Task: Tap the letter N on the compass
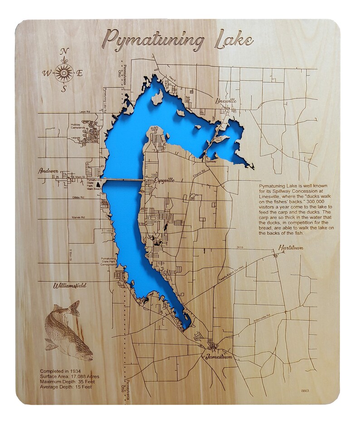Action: pos(64,51)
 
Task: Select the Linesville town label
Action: pos(227,101)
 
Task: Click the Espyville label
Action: pos(164,180)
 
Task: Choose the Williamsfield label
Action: pos(69,285)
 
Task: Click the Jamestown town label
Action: pos(219,357)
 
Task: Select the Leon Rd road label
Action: pos(85,111)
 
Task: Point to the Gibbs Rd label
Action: pos(78,198)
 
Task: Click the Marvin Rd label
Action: pos(78,217)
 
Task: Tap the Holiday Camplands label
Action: pos(81,126)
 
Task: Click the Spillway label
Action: pos(211,161)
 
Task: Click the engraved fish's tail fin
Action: pos(73,309)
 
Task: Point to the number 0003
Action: pos(305,390)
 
